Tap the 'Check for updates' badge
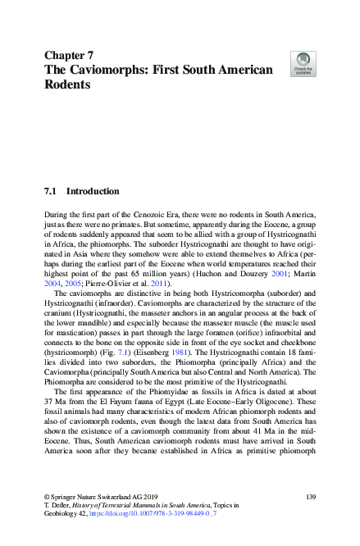click(303, 63)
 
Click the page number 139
click(310, 498)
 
